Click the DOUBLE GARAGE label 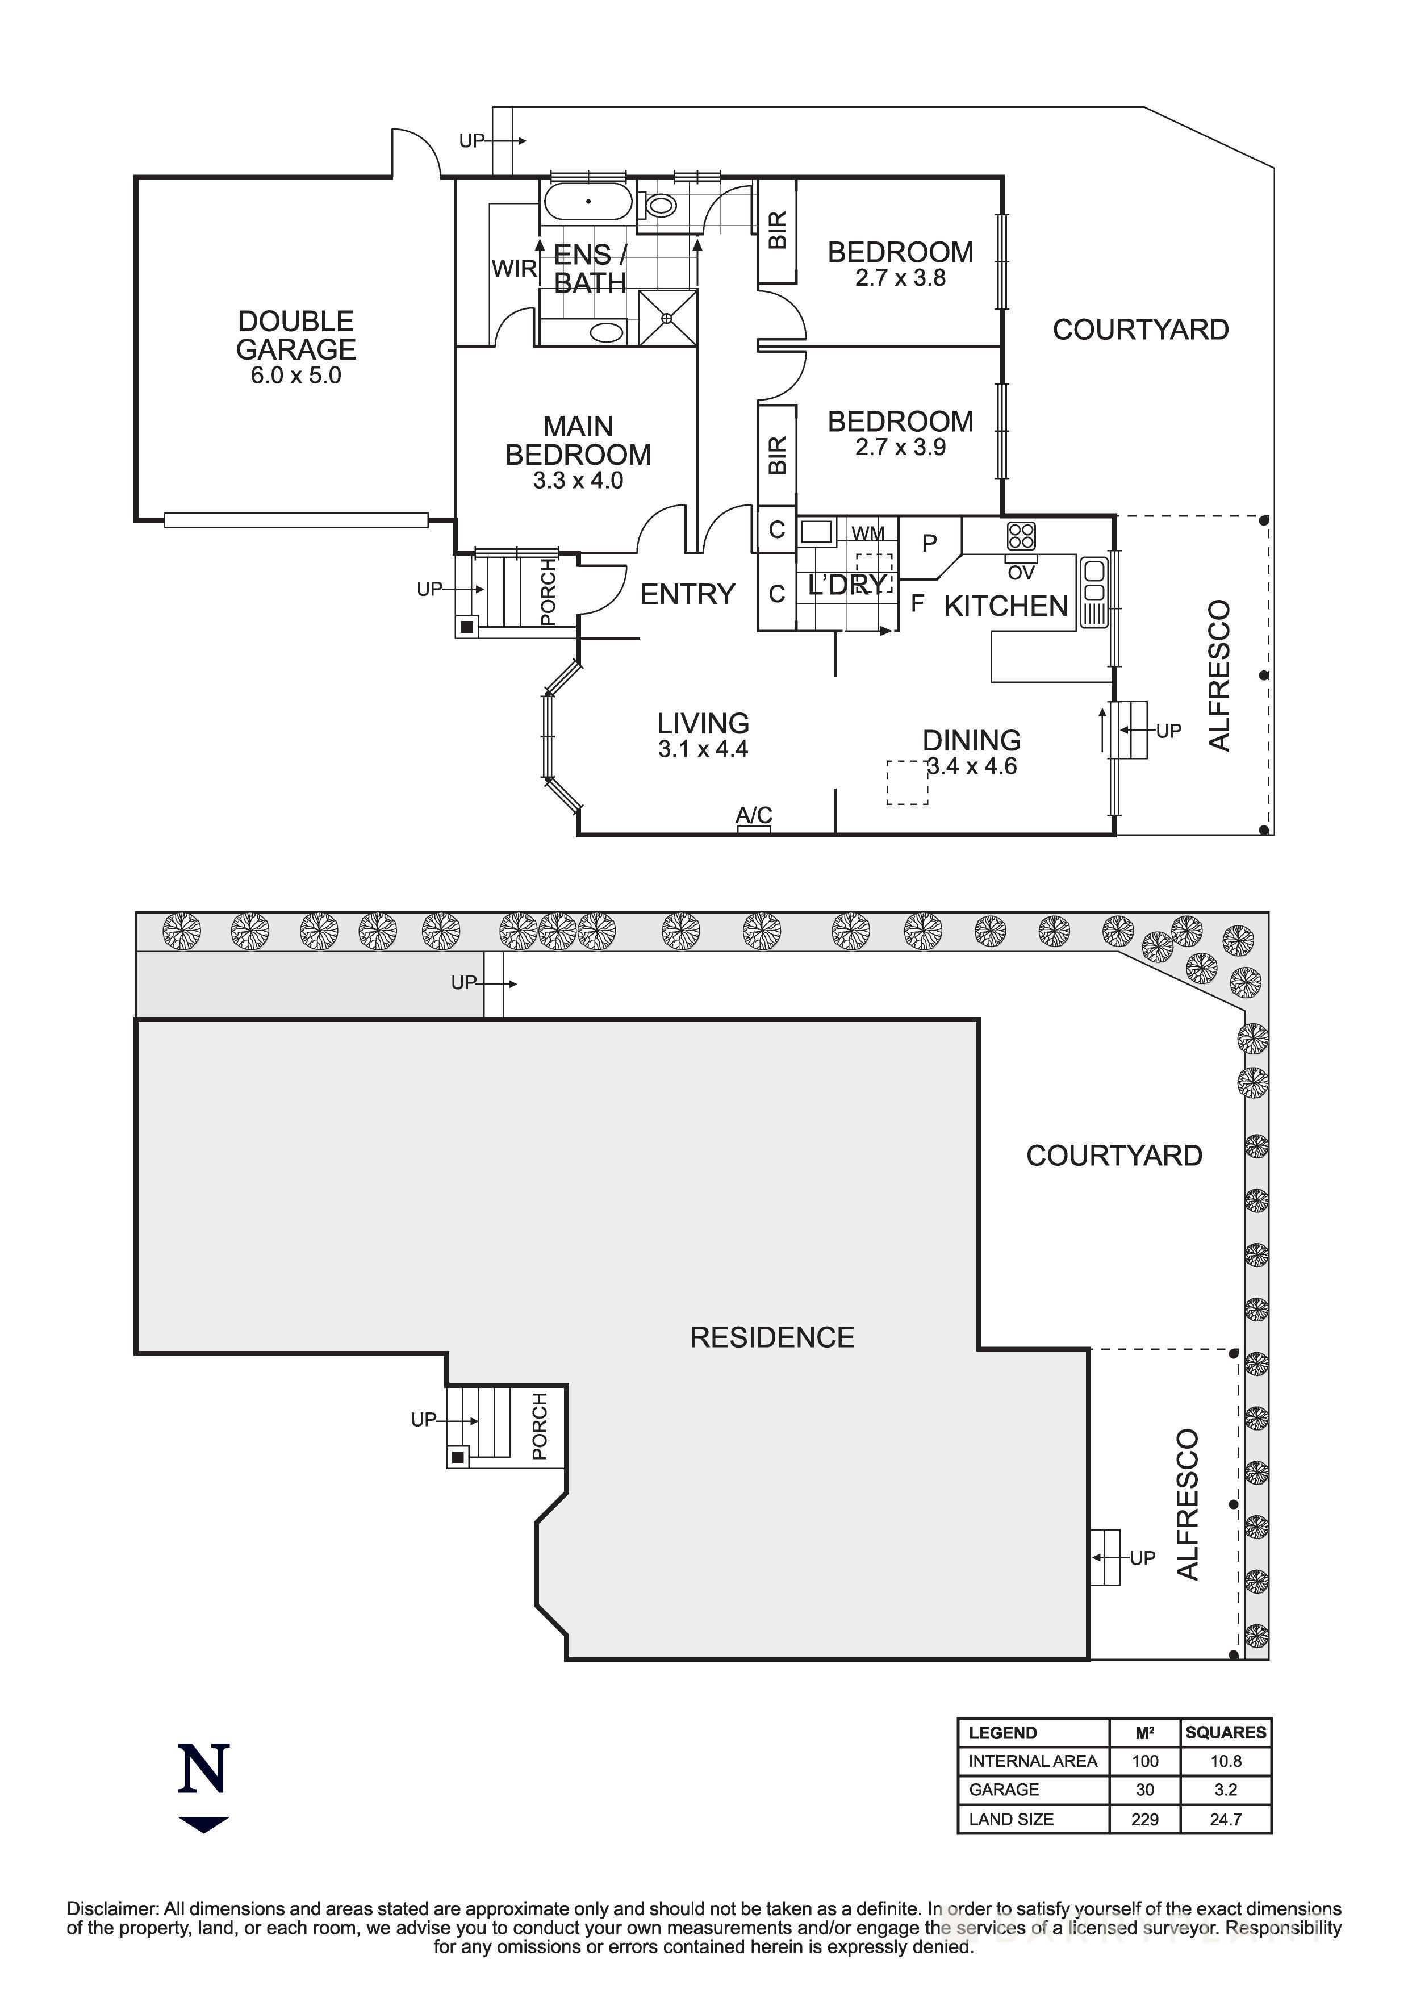point(296,335)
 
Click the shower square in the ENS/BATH point(668,319)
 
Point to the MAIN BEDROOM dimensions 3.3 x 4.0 point(578,481)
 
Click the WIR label point(513,269)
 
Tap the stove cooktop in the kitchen point(1021,536)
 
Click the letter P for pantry point(929,543)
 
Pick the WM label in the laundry point(867,533)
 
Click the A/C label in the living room point(753,815)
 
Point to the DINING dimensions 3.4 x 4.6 point(972,766)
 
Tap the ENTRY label point(687,595)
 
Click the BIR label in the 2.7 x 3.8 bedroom point(778,230)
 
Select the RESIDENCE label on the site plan point(772,1337)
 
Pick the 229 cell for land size point(1144,1819)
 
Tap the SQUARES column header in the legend point(1225,1733)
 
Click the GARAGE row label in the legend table point(1003,1790)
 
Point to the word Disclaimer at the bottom point(113,1909)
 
